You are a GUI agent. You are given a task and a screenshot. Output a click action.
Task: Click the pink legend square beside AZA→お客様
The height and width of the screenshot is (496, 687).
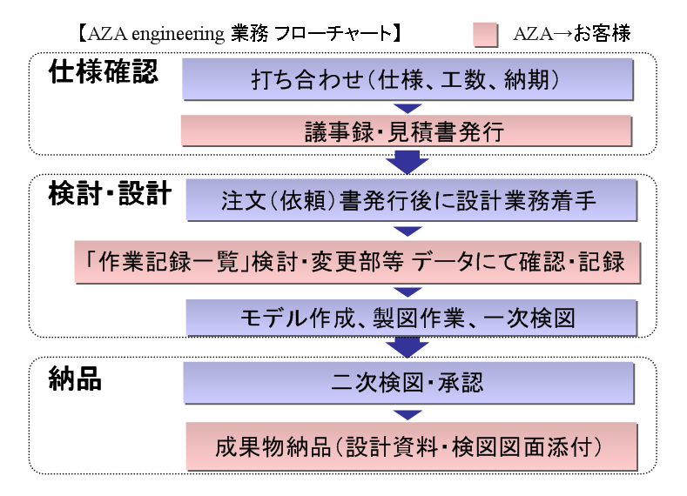[486, 35]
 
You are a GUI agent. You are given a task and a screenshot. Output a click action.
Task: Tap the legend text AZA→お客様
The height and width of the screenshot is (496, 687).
[572, 34]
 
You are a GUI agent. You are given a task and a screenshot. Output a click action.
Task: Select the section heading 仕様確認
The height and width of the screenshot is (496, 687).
[103, 71]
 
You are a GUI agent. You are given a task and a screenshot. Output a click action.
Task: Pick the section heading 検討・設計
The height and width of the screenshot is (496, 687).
[110, 193]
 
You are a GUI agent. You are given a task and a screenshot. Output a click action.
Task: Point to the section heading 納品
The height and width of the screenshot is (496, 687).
[75, 379]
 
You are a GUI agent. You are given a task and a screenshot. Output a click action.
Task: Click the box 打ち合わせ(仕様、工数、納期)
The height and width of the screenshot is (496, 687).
[407, 79]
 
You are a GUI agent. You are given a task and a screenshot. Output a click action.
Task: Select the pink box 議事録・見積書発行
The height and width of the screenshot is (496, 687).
[406, 131]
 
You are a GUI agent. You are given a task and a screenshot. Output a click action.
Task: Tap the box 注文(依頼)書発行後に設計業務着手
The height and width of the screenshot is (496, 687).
[411, 200]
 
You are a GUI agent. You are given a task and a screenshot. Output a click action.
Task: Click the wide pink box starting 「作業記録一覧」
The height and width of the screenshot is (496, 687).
[358, 262]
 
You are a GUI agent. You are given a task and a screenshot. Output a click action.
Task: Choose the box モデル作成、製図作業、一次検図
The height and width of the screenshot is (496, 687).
[411, 318]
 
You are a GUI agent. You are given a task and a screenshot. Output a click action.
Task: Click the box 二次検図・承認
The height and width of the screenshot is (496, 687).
[408, 383]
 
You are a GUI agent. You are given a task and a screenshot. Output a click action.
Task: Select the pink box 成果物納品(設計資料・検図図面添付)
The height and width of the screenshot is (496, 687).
[411, 446]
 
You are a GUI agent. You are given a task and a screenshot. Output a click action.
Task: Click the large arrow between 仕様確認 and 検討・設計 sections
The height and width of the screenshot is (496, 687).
[407, 162]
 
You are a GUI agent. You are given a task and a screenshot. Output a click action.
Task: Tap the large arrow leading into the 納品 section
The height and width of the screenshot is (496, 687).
[407, 347]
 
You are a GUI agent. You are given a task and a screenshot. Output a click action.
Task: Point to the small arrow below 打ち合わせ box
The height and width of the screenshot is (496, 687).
[407, 108]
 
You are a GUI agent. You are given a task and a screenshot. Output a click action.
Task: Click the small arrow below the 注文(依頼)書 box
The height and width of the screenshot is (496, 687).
[407, 231]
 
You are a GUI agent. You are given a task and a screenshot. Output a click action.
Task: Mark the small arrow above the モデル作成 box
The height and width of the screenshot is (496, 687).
[407, 292]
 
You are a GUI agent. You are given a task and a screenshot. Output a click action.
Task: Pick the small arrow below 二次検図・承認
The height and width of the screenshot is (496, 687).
[407, 414]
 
